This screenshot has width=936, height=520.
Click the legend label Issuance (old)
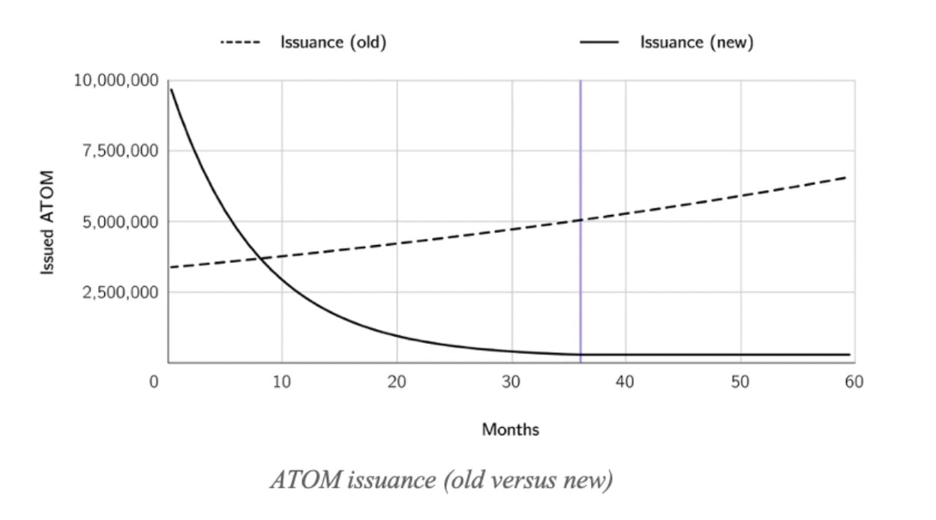pos(333,43)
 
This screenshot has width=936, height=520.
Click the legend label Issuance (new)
pos(696,43)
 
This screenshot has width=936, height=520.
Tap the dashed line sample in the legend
pos(240,43)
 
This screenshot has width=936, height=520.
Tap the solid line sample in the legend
pos(599,43)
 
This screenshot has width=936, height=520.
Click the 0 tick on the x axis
pos(154,382)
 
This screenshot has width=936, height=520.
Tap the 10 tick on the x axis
pos(282,382)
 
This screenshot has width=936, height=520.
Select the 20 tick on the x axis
pos(397,382)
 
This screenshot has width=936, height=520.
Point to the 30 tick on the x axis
pos(511,382)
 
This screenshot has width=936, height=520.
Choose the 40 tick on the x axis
pos(625,382)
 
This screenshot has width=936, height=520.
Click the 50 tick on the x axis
pos(740,382)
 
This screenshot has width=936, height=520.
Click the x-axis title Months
pos(510,430)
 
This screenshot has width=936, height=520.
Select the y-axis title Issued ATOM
pos(48,222)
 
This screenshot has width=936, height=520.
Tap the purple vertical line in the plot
pos(580,150)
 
